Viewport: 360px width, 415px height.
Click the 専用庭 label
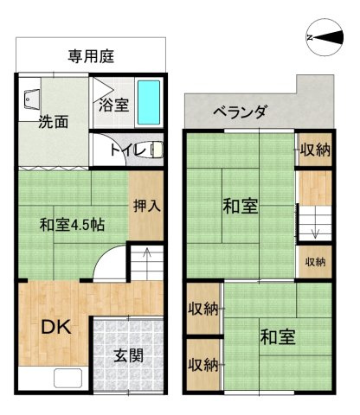click(x=93, y=57)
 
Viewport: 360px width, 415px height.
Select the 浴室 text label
click(x=112, y=106)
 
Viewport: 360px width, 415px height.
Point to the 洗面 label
click(x=52, y=122)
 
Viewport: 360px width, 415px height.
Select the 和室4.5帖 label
click(x=72, y=225)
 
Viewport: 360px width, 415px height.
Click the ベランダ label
click(x=240, y=112)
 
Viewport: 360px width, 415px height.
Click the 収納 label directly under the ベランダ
click(x=315, y=150)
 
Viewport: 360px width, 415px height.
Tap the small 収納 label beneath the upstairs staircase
click(x=315, y=261)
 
